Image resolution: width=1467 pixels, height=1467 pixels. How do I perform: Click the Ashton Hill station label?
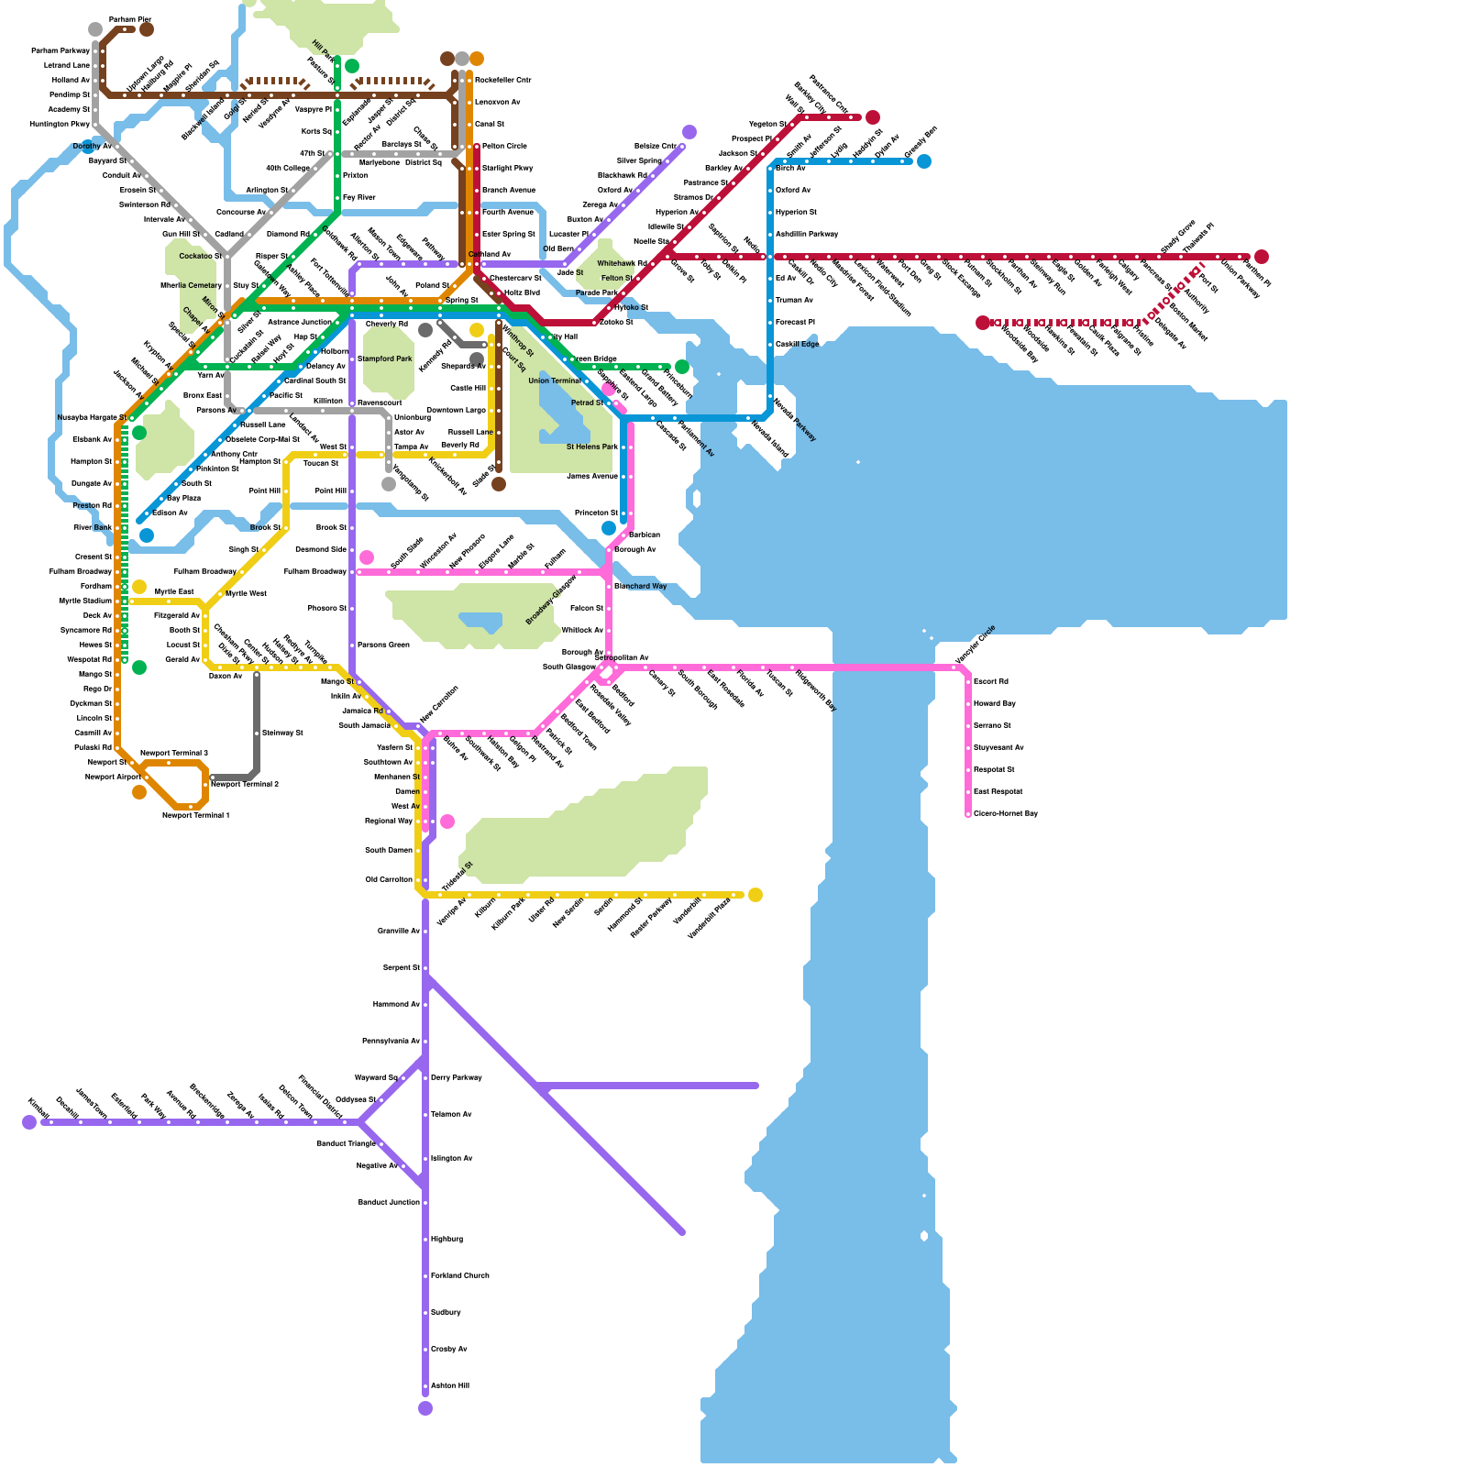[x=450, y=1385]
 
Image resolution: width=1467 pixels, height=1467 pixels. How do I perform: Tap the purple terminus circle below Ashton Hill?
[x=425, y=1408]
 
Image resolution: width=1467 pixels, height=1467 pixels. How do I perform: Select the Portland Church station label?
[x=460, y=1275]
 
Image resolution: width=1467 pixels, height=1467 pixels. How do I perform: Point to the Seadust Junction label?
[x=389, y=1202]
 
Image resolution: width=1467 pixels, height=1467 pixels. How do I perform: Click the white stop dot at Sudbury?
[x=425, y=1312]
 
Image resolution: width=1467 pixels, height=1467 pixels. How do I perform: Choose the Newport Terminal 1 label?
[x=196, y=815]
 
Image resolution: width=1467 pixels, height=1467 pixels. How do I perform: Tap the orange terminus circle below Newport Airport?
[x=139, y=792]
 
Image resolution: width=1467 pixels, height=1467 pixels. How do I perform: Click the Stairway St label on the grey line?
[x=282, y=733]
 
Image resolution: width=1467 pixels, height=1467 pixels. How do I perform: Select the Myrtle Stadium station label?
[x=85, y=601]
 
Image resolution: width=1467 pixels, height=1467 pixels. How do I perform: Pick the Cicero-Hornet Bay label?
[x=1006, y=813]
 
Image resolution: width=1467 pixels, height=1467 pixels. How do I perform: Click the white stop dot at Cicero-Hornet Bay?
[x=968, y=813]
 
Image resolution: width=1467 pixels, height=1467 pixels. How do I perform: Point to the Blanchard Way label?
[x=641, y=586]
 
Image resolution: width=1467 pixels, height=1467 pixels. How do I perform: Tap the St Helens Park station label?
[x=592, y=447]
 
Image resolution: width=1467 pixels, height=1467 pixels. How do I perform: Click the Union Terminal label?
[x=555, y=381]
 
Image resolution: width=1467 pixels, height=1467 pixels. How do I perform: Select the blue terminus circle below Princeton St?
[x=609, y=528]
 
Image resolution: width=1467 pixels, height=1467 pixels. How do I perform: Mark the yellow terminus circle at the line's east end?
[x=756, y=895]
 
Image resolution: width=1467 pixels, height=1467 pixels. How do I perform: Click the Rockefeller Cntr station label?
[x=503, y=80]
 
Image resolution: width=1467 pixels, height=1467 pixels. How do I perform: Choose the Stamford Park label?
[x=385, y=358]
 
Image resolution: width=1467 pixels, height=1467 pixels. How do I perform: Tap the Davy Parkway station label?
[x=457, y=1077]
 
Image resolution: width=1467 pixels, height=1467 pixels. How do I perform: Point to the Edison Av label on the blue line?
[x=170, y=513]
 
